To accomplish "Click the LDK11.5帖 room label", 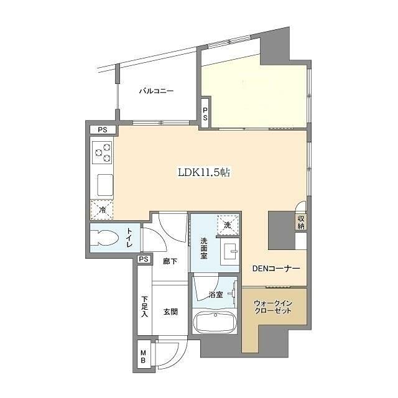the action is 204,173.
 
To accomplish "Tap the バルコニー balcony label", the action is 156,91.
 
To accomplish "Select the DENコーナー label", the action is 276,268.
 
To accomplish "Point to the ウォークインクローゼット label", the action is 273,307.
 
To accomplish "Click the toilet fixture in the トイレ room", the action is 105,238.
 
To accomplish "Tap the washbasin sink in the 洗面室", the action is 229,251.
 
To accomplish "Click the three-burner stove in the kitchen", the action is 102,152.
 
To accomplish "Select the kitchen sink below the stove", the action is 105,185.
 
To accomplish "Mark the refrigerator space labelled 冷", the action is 102,210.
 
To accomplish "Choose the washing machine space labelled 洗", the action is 228,224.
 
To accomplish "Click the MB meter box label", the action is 144,356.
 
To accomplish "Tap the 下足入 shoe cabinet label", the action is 144,307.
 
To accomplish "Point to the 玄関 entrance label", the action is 170,312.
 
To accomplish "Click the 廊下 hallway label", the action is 170,261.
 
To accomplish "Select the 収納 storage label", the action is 301,222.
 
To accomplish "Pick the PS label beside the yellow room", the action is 205,114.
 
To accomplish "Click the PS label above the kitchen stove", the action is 103,130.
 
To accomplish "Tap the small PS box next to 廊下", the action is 144,259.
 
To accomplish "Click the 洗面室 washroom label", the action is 204,248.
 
